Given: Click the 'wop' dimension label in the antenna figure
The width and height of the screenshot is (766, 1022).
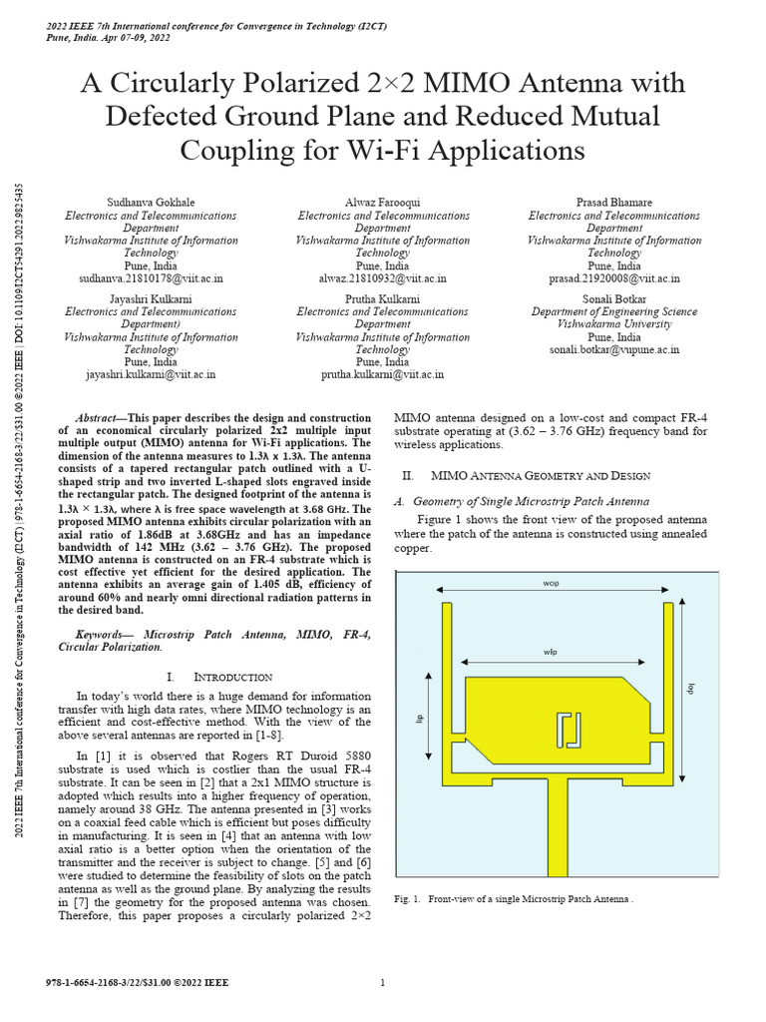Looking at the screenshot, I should [x=551, y=582].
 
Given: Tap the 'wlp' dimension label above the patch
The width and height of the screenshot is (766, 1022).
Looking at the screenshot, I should [x=550, y=652].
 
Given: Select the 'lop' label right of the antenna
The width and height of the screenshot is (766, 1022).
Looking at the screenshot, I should [x=688, y=688].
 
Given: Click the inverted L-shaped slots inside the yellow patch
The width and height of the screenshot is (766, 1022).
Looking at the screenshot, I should [x=570, y=730].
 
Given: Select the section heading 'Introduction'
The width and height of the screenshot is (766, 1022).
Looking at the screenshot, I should [x=231, y=677].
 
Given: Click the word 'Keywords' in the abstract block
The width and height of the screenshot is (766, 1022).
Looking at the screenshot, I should [x=105, y=634].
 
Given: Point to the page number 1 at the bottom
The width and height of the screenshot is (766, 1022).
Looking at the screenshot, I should [x=383, y=983].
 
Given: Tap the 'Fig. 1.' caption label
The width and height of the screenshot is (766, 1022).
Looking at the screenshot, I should [x=410, y=899].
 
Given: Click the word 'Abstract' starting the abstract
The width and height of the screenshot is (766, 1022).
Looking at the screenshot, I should [x=101, y=415].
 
